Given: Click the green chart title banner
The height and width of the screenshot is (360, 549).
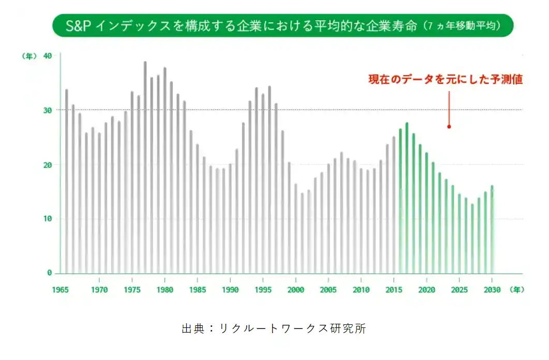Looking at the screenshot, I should [283, 25].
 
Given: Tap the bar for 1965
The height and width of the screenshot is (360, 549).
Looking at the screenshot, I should [66, 181].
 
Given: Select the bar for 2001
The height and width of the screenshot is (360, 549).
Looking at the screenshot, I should [302, 233].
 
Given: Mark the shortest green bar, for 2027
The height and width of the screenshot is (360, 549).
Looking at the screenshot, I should [472, 238].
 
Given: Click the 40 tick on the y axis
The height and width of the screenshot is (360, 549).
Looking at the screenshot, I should [48, 56].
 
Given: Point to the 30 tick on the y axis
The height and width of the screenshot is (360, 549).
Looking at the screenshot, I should [48, 110].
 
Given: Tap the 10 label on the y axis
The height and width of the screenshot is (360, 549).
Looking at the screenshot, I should [48, 219].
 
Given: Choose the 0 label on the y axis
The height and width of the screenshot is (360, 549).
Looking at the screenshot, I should [50, 273].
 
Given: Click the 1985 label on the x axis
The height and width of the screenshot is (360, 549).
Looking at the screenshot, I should [197, 290].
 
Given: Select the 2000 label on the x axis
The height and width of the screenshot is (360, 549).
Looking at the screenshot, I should [295, 290].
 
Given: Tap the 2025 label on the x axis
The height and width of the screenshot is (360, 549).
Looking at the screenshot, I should [459, 290].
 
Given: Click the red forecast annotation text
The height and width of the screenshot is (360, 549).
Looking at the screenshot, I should [445, 80].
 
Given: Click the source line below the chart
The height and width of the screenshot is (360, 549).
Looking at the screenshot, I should [274, 328].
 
